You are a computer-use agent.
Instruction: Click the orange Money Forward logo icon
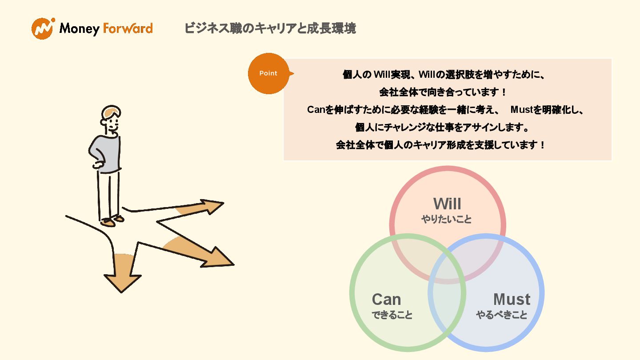(x=43, y=28)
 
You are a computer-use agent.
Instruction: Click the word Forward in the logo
(x=128, y=29)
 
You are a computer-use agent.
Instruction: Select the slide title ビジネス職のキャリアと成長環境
(x=270, y=28)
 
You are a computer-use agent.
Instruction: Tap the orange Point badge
(x=268, y=73)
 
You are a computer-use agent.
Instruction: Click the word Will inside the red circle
(x=447, y=204)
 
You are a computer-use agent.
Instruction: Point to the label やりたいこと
(x=447, y=219)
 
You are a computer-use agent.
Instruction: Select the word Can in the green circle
(x=386, y=299)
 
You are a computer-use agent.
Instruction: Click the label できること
(x=392, y=315)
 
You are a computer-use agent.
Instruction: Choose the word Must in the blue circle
(x=512, y=299)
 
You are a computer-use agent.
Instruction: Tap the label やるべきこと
(x=502, y=315)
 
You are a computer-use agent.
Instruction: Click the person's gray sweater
(x=108, y=153)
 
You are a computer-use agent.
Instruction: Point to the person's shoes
(x=112, y=220)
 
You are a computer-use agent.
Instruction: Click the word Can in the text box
(x=316, y=110)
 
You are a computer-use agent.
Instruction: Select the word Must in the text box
(x=521, y=110)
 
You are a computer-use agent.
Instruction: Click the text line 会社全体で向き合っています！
(x=443, y=92)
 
